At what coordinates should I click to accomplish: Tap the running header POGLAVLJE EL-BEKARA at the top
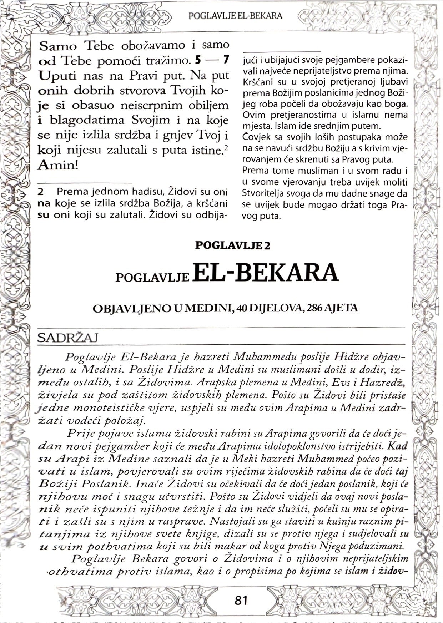pyautogui.click(x=235, y=16)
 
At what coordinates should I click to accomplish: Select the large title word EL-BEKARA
pyautogui.click(x=266, y=273)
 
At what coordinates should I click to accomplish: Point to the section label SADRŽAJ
pyautogui.click(x=67, y=338)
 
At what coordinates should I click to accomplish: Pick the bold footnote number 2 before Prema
pyautogui.click(x=41, y=192)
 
